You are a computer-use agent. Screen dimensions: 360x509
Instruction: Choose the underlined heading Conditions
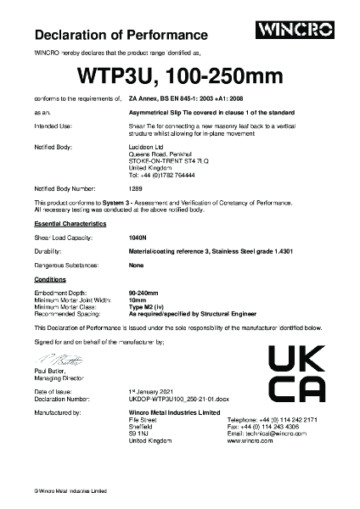[50, 279]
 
